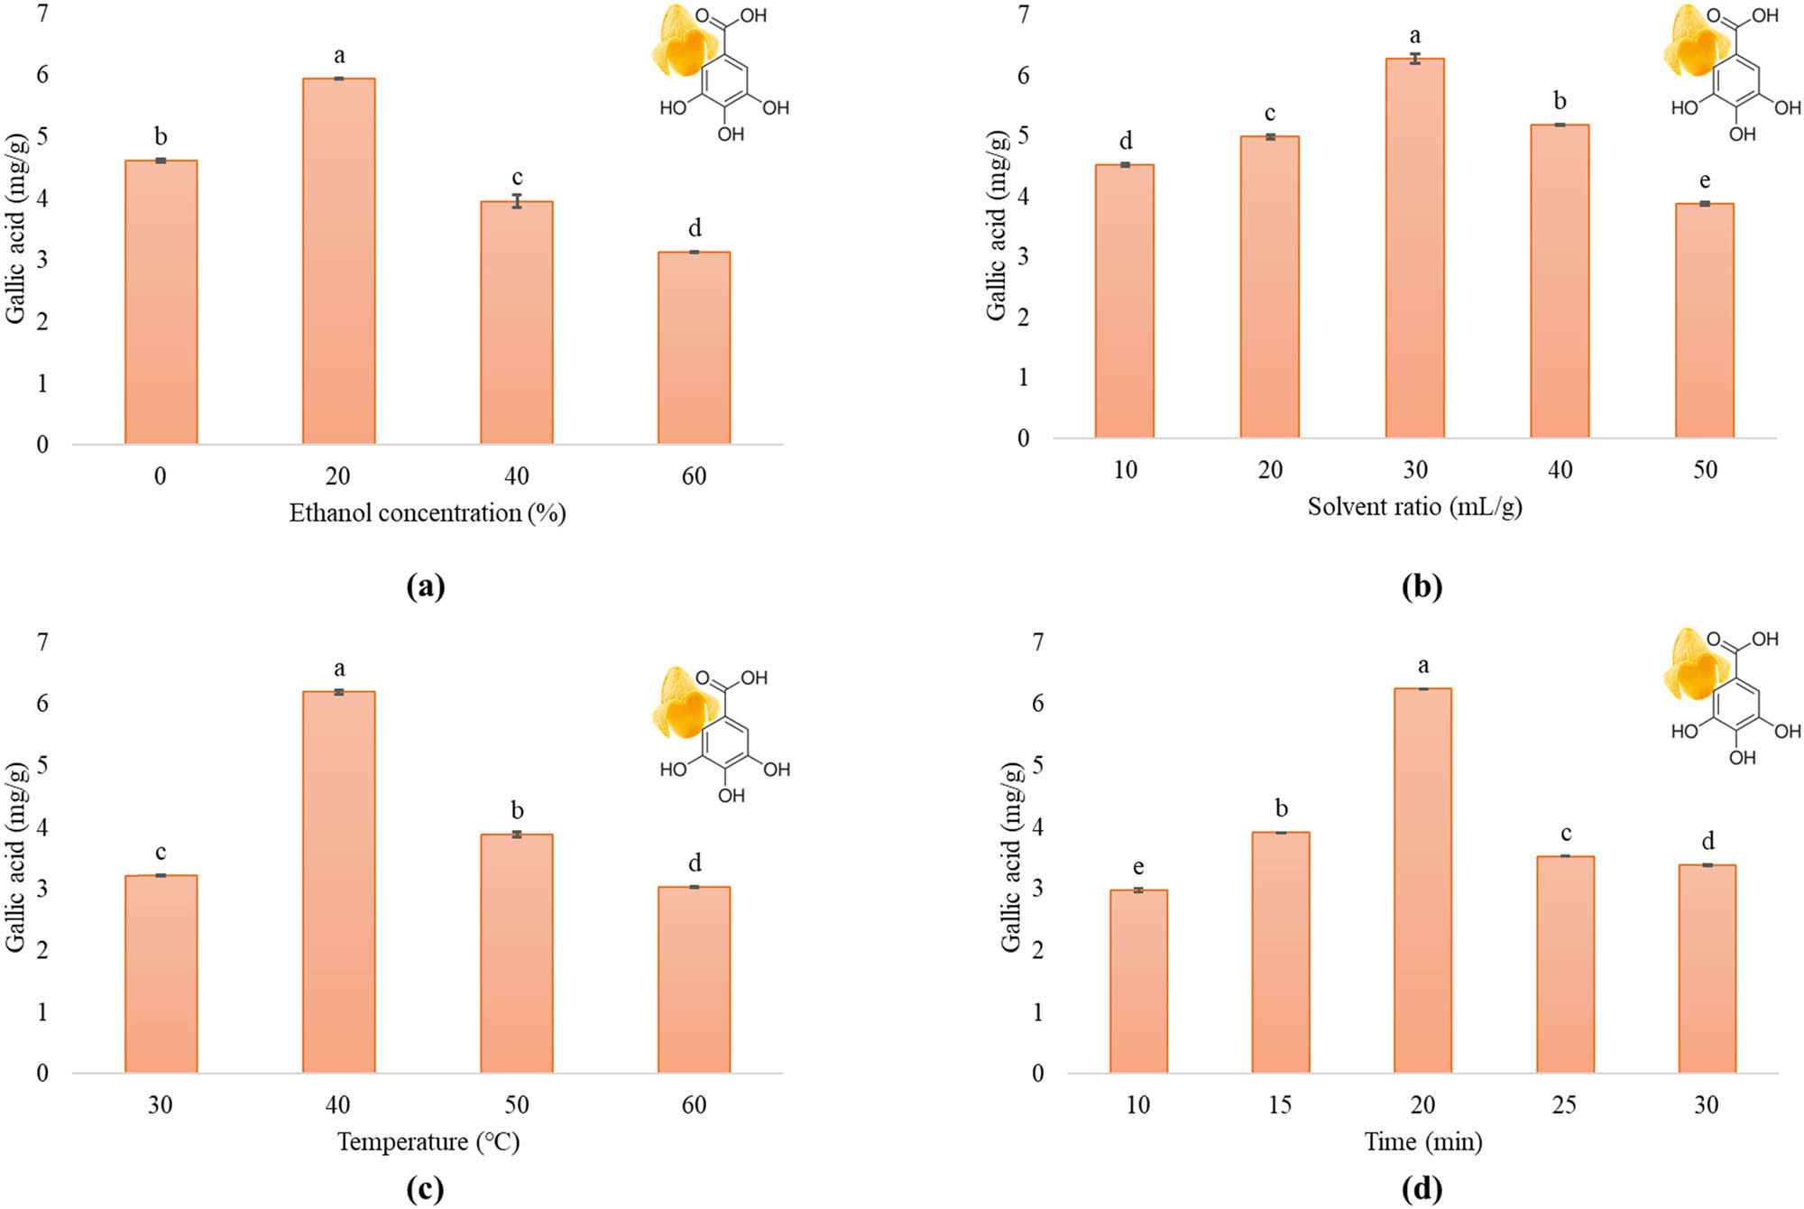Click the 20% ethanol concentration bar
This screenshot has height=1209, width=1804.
(x=338, y=262)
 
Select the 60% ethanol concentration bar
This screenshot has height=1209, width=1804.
(x=694, y=348)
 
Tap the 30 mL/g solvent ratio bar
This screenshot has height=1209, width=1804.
(x=1414, y=248)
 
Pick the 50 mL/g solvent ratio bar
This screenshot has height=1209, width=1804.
(x=1704, y=320)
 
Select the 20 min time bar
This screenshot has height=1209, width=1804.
(x=1422, y=881)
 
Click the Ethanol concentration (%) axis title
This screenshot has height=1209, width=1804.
(x=427, y=513)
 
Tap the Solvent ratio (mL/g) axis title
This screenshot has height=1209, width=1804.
(x=1414, y=507)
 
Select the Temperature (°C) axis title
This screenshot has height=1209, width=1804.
(x=428, y=1142)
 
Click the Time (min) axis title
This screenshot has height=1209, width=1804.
(x=1422, y=1142)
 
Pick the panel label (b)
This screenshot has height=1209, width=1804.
(x=1422, y=587)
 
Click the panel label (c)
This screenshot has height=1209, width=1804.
(x=425, y=1189)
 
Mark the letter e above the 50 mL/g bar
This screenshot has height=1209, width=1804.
(x=1704, y=181)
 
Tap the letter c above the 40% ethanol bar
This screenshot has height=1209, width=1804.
(x=517, y=178)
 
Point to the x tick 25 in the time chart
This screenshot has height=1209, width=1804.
(x=1564, y=1105)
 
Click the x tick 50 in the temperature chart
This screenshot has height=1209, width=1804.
(x=516, y=1105)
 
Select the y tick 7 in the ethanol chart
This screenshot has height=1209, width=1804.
(x=42, y=14)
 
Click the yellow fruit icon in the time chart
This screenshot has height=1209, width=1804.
(x=1692, y=666)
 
